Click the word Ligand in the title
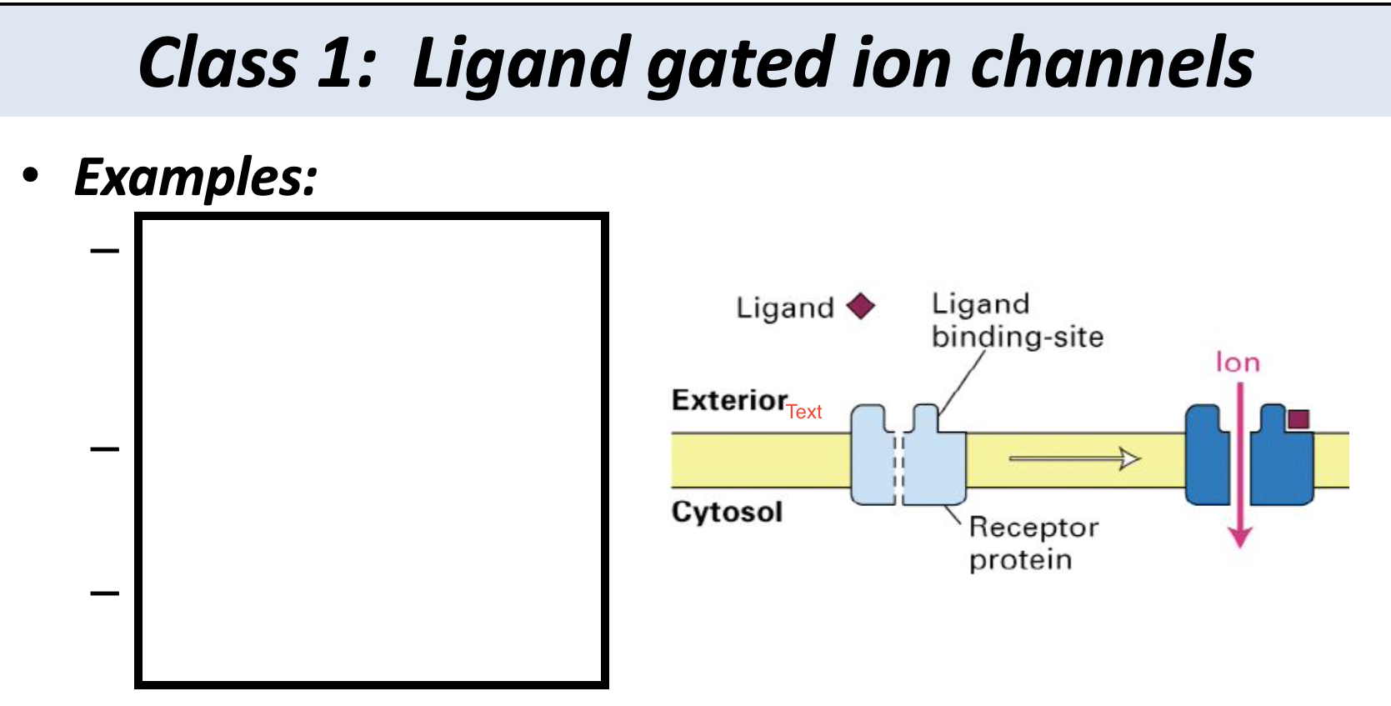[521, 64]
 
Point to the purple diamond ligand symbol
[861, 307]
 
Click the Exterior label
[729, 400]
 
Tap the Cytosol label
[727, 511]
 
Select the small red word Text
[804, 412]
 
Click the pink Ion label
[1238, 363]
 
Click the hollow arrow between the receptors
[1074, 458]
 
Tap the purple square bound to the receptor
[1298, 418]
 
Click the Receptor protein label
[1033, 543]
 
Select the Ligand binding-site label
[1017, 320]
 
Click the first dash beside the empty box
[105, 250]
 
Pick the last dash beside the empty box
[105, 593]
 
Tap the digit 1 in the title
[336, 64]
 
